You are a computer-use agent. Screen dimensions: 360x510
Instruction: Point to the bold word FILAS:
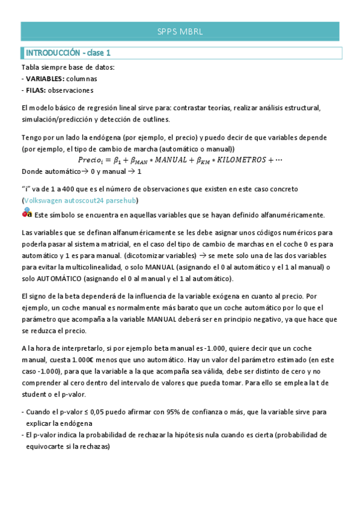pyautogui.click(x=37, y=90)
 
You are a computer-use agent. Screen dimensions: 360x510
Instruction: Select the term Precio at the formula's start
pyautogui.click(x=90, y=160)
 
